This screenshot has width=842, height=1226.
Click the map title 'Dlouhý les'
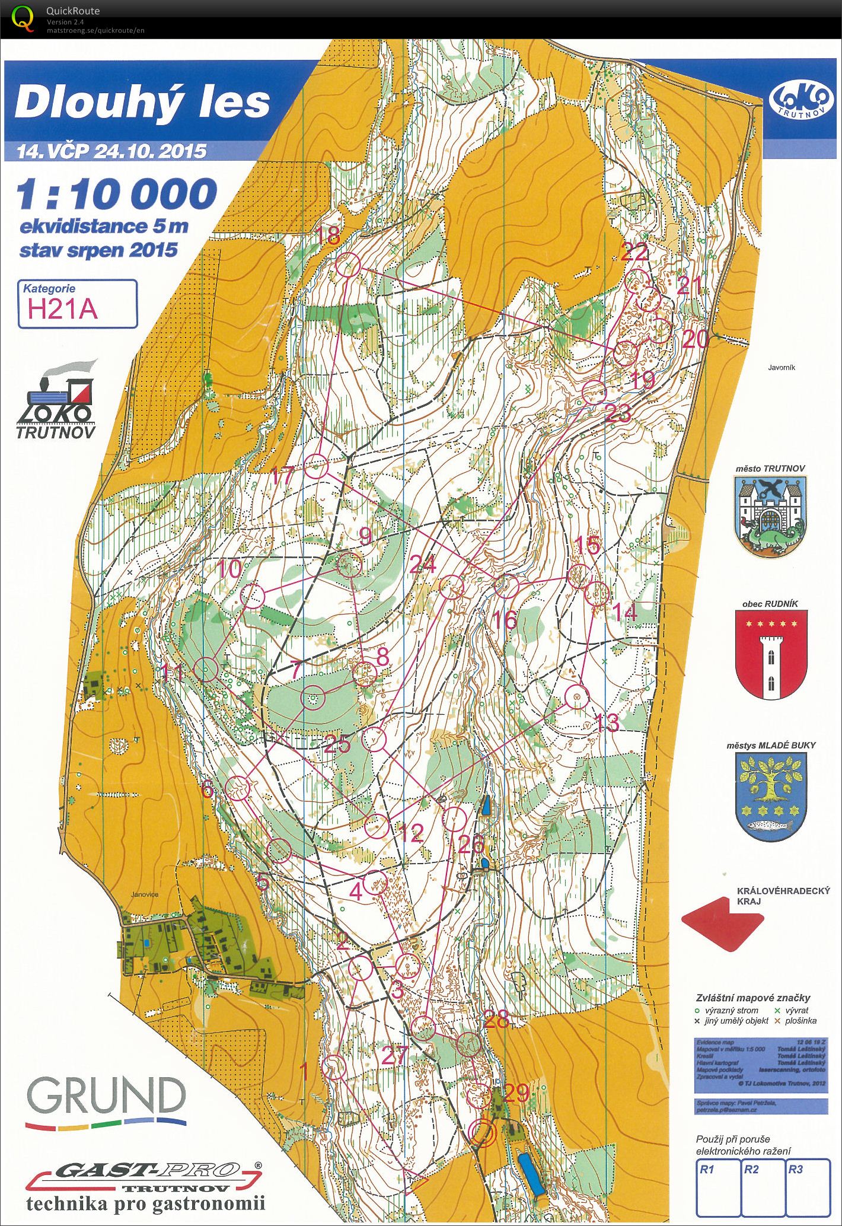142,102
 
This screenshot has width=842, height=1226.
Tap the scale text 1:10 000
117,195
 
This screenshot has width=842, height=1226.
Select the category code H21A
62,310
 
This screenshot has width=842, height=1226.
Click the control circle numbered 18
349,265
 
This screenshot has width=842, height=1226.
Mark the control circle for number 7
312,698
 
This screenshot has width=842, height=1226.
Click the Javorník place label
781,368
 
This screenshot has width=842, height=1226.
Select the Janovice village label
145,895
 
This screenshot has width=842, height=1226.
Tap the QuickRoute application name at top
73,11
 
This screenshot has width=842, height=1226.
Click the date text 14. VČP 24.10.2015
112,152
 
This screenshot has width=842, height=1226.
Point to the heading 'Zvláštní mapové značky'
752,998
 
